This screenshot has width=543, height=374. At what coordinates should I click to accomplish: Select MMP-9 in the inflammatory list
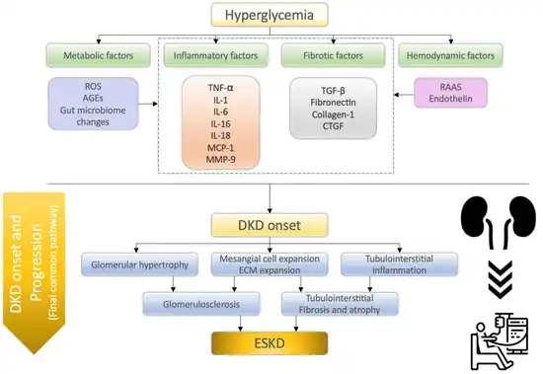pyautogui.click(x=215, y=160)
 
